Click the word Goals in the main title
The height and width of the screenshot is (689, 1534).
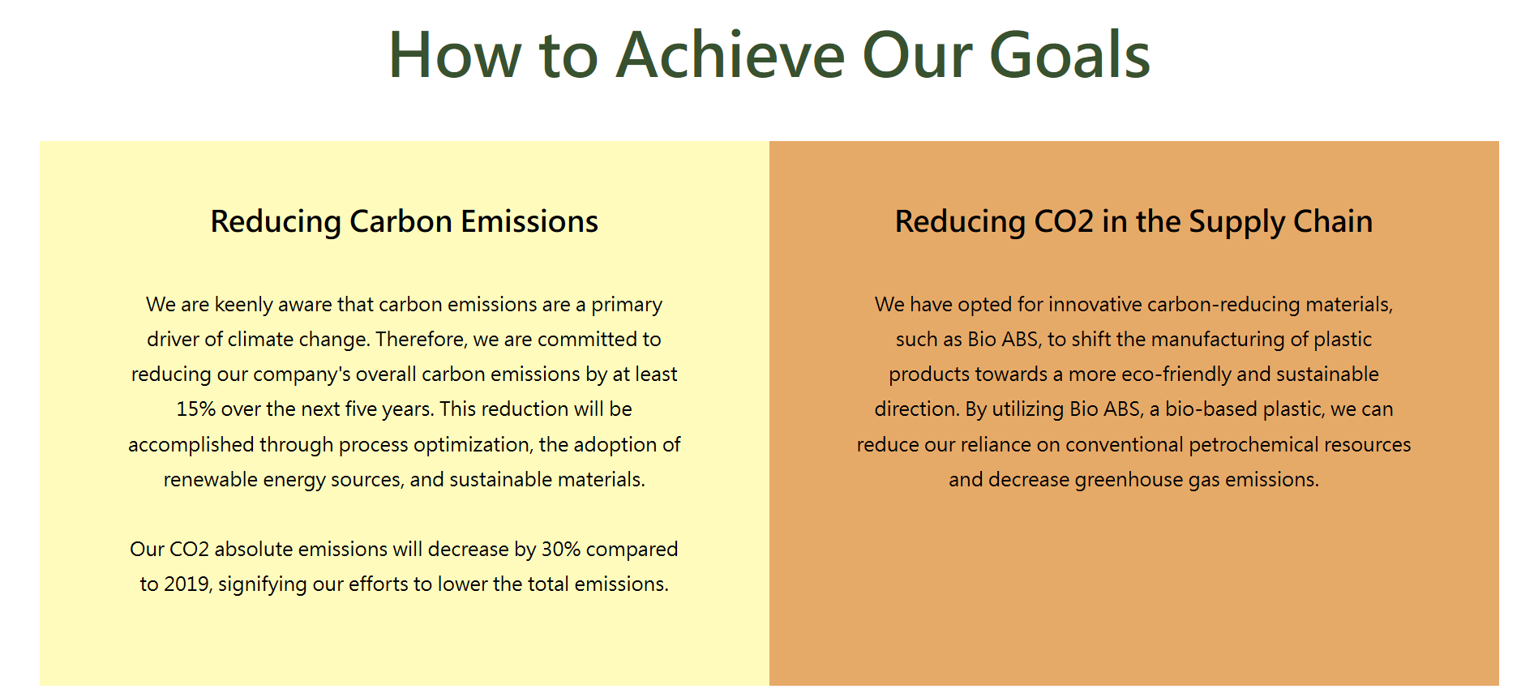pyautogui.click(x=1069, y=55)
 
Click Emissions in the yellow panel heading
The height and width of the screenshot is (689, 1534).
pyautogui.click(x=529, y=221)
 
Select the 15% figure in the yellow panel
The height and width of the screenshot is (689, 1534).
pyautogui.click(x=195, y=409)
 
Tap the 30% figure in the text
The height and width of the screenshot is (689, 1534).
pyautogui.click(x=561, y=549)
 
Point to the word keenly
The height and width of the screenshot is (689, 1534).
pyautogui.click(x=243, y=305)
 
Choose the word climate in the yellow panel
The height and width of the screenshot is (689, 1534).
pyautogui.click(x=260, y=339)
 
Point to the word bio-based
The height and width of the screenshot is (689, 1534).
pyautogui.click(x=1203, y=409)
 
